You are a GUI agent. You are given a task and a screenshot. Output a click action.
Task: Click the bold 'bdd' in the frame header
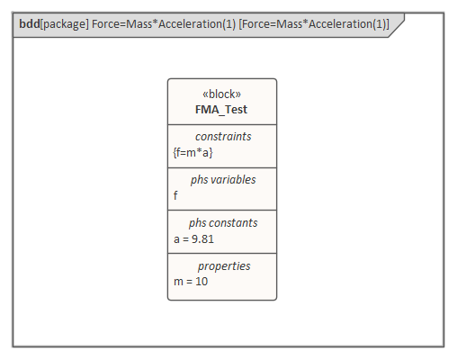tap(29, 24)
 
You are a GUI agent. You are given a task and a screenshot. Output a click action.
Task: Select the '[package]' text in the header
tap(64, 24)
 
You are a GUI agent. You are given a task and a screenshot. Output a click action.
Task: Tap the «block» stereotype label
tap(221, 94)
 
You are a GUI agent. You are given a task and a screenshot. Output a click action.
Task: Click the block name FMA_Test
tap(221, 110)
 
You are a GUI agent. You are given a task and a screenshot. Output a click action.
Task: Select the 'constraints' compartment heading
tap(222, 137)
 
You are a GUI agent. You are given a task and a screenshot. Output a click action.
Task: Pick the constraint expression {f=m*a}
tap(193, 152)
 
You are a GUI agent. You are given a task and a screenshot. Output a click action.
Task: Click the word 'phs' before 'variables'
tap(200, 180)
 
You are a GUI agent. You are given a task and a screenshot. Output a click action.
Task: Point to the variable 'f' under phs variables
tap(176, 195)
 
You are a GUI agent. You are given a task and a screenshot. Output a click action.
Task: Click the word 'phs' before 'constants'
tap(198, 223)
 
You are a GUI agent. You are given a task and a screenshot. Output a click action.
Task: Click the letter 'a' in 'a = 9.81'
tap(176, 238)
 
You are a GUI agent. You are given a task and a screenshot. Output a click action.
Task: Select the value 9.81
tap(202, 238)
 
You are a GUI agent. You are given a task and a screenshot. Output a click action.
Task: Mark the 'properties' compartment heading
tap(224, 266)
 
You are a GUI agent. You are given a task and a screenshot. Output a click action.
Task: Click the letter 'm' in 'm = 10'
tap(178, 282)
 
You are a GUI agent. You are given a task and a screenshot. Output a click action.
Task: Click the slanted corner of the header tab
tap(397, 25)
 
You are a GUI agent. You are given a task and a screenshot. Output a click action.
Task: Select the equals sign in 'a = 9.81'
tap(186, 238)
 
